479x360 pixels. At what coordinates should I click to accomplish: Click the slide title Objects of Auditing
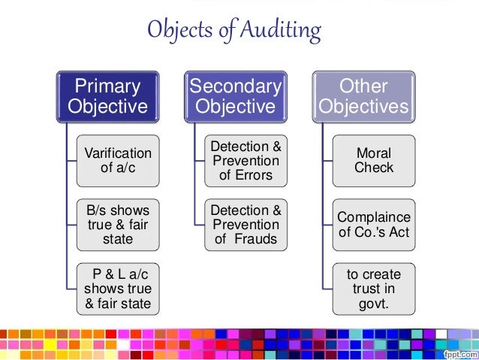tap(233, 31)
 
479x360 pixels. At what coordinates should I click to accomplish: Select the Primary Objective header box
tap(108, 96)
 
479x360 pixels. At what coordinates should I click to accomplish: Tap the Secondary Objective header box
tap(236, 96)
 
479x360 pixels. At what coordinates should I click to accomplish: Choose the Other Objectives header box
tap(363, 96)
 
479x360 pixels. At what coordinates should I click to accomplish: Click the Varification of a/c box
tap(118, 161)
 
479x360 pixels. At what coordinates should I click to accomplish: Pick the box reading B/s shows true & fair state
tap(118, 225)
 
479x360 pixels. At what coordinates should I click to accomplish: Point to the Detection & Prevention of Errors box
tap(246, 161)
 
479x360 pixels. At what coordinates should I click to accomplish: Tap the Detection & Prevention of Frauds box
tap(246, 225)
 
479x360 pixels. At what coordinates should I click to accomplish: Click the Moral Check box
tap(373, 161)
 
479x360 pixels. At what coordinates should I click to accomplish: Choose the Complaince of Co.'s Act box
tap(373, 225)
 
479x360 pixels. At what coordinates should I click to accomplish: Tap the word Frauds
tap(256, 240)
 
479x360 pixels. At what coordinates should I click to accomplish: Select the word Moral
tap(373, 153)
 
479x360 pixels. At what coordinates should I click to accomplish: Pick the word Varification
tap(118, 153)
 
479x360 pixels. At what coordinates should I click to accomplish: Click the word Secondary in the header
tap(236, 86)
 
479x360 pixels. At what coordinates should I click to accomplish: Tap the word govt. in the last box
tap(373, 304)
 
